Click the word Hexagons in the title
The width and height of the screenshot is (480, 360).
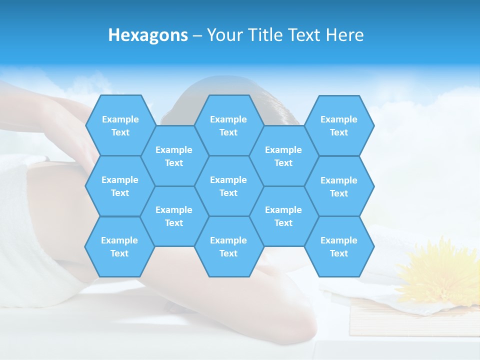click(x=148, y=35)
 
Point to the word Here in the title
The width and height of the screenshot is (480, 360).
click(x=344, y=35)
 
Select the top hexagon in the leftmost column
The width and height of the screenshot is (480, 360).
click(x=120, y=125)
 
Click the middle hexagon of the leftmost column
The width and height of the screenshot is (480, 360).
click(x=120, y=186)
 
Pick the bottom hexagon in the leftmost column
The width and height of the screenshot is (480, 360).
click(x=119, y=246)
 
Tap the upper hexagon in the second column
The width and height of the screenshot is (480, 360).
click(x=174, y=156)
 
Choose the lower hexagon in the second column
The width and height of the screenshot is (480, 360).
click(x=174, y=216)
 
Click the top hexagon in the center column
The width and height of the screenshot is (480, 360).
click(x=228, y=125)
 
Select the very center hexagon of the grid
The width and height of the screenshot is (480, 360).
click(x=228, y=186)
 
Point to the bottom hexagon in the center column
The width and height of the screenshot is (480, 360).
click(x=228, y=246)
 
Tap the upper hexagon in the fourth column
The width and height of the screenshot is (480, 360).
click(x=283, y=156)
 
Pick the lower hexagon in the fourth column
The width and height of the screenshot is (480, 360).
click(x=283, y=216)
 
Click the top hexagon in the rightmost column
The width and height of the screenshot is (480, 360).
click(x=339, y=125)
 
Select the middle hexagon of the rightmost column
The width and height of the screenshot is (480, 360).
click(x=339, y=186)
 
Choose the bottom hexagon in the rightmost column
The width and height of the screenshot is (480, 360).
click(x=339, y=246)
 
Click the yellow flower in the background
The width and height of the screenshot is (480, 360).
click(x=440, y=272)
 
